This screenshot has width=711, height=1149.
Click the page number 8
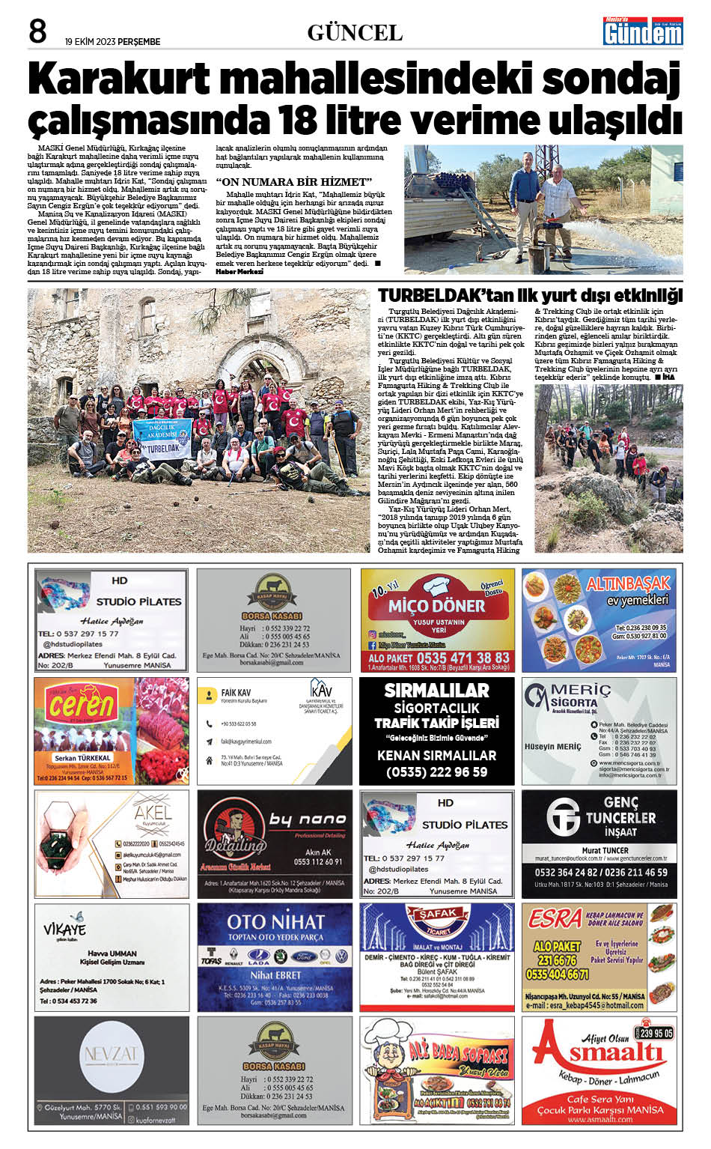pyautogui.click(x=37, y=31)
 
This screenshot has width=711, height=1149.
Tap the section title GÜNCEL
pyautogui.click(x=355, y=33)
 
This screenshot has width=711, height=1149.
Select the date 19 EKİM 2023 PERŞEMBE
pyautogui.click(x=112, y=42)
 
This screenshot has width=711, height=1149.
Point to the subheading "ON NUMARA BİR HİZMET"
pyautogui.click(x=293, y=182)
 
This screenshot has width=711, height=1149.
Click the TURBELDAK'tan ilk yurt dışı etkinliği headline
pyautogui.click(x=530, y=295)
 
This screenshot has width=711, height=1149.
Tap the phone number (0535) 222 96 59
pyautogui.click(x=437, y=771)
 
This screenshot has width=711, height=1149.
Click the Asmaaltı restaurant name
pyautogui.click(x=599, y=1056)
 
